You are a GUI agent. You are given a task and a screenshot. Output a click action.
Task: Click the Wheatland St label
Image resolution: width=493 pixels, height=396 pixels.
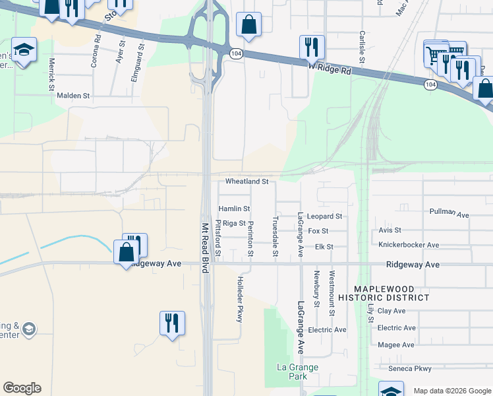pyautogui.click(x=247, y=181)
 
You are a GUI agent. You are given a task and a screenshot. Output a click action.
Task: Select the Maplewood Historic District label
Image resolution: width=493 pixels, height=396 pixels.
pyautogui.click(x=391, y=293)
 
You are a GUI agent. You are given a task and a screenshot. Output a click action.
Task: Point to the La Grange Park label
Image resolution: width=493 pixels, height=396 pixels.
pyautogui.click(x=298, y=372)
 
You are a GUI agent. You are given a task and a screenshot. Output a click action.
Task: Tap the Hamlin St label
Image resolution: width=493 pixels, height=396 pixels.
pyautogui.click(x=234, y=209)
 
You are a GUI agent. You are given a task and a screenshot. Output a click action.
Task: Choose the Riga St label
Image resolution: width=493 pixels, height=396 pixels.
pyautogui.click(x=234, y=224)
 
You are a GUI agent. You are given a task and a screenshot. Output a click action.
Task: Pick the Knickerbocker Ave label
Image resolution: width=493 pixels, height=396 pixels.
pyautogui.click(x=409, y=245)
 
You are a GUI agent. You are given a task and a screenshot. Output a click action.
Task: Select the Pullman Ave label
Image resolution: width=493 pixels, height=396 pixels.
pyautogui.click(x=448, y=214)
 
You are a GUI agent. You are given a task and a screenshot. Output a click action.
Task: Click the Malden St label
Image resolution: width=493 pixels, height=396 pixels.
pyautogui.click(x=72, y=96)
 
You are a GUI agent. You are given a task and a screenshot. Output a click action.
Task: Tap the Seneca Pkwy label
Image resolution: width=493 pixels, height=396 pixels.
pyautogui.click(x=405, y=368)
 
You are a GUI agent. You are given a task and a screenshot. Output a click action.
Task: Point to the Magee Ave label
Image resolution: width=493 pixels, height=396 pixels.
pyautogui.click(x=396, y=345)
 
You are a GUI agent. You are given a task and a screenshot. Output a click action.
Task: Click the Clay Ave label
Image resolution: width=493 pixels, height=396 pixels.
pyautogui.click(x=391, y=310)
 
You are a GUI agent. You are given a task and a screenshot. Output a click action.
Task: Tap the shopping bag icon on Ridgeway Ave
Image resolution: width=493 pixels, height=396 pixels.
pyautogui.click(x=126, y=251)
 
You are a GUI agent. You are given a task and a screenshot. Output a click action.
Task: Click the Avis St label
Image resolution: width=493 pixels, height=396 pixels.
pyautogui.click(x=390, y=230)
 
